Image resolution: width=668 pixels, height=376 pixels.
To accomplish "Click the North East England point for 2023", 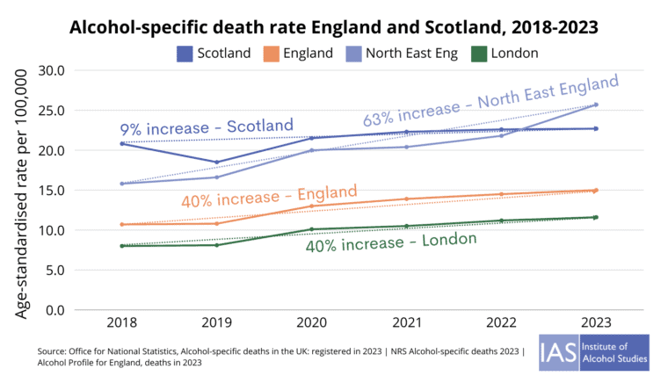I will click(x=596, y=105).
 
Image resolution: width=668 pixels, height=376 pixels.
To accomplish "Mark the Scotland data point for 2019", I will click(x=217, y=163).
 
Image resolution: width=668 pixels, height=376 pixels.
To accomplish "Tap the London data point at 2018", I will click(x=122, y=246).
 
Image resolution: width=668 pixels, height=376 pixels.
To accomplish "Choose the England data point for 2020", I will click(x=312, y=206).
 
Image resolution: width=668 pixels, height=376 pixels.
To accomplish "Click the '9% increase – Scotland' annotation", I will click(x=193, y=128).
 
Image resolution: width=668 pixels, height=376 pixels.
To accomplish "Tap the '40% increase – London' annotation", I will click(x=391, y=242).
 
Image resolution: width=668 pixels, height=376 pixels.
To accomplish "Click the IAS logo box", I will click(x=593, y=351).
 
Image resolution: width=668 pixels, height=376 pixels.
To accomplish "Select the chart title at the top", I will click(x=334, y=25).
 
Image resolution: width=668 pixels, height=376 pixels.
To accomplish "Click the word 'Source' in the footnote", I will click(x=54, y=351).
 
